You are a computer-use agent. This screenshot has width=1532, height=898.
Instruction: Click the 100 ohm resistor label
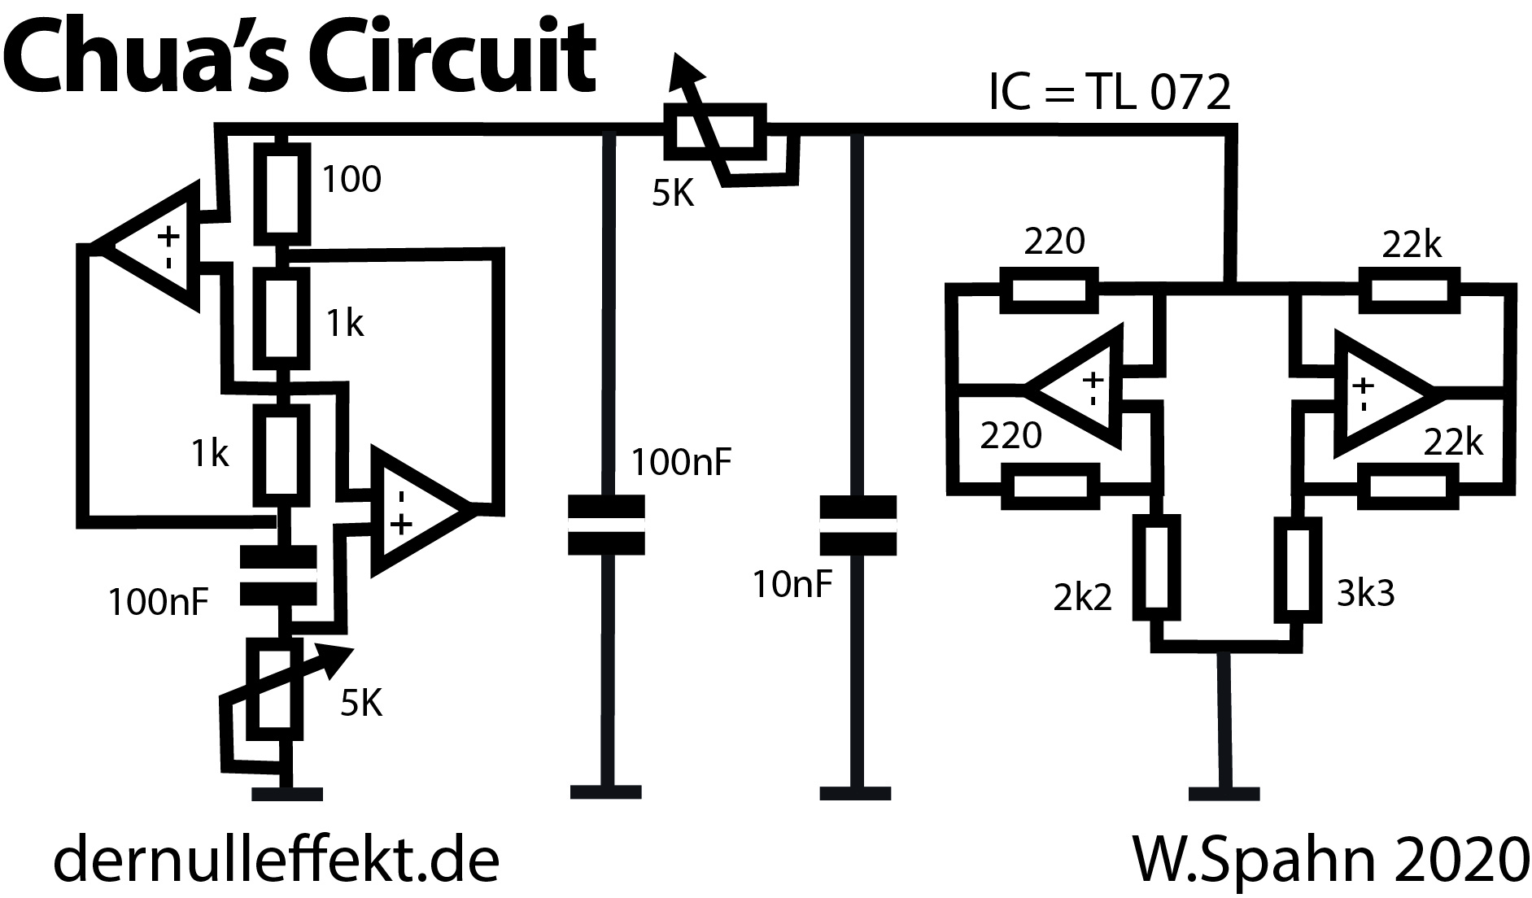351,179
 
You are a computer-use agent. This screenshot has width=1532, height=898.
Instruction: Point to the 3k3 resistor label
1366,594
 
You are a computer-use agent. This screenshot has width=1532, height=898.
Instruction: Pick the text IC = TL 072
1109,93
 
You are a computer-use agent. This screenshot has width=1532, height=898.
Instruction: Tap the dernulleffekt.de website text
276,861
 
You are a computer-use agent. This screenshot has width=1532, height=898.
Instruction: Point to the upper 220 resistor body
1049,290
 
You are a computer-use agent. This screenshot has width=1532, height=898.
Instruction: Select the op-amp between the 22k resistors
1377,395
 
